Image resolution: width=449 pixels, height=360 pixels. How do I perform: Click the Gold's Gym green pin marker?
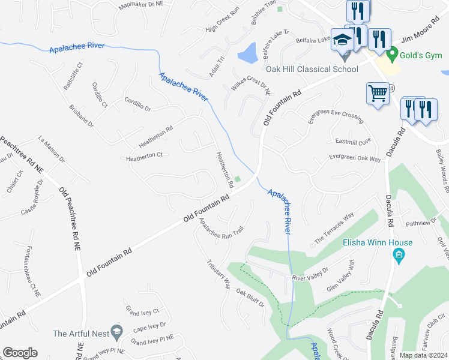(393, 56)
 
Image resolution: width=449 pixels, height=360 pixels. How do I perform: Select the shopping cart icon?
(378, 94)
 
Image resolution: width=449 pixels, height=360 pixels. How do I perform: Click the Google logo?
(20, 353)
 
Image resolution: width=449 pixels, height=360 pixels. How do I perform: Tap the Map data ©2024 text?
(423, 355)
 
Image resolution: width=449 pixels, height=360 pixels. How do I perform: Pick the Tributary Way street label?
(218, 275)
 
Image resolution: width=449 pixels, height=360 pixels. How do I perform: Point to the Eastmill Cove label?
(354, 142)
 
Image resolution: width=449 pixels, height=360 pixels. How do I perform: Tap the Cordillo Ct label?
(99, 95)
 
